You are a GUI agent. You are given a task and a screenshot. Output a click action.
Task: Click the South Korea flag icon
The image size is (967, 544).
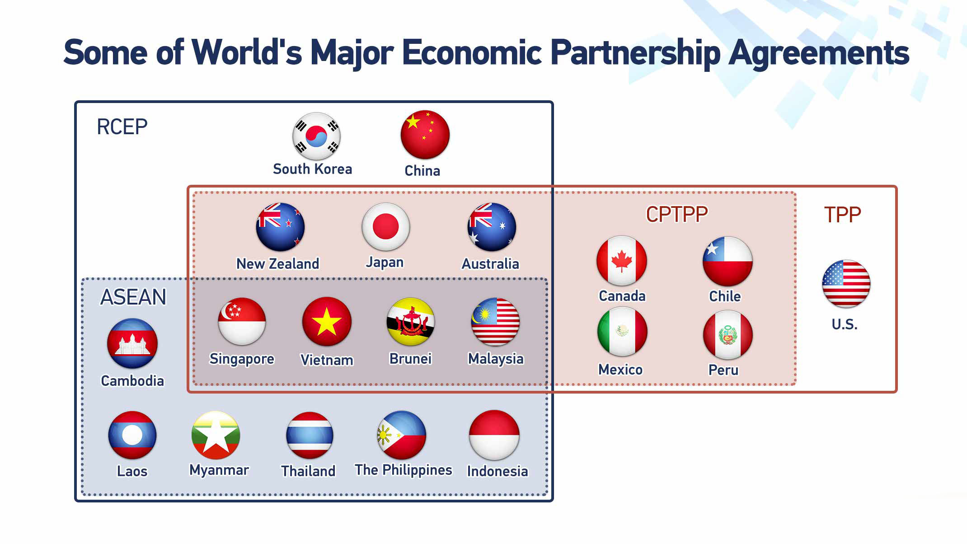click(x=316, y=136)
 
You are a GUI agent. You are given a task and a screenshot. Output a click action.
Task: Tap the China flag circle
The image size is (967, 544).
click(x=425, y=135)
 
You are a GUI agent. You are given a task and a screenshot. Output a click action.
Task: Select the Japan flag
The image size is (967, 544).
click(x=385, y=227)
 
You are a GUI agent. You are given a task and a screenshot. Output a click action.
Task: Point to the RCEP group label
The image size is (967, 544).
click(x=122, y=127)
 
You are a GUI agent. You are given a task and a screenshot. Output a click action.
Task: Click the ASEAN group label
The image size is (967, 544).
click(x=133, y=297)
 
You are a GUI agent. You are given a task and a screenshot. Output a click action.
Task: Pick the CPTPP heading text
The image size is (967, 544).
click(x=676, y=214)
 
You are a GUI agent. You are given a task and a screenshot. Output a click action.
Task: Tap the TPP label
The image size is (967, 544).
click(x=842, y=215)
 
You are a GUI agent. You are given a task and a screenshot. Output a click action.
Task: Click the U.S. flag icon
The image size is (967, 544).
click(x=846, y=284)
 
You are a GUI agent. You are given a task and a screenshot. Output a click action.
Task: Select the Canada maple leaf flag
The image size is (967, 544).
click(x=622, y=261)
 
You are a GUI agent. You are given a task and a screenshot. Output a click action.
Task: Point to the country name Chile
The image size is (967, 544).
click(x=725, y=296)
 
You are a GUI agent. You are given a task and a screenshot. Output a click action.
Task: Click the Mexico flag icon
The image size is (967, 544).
click(x=622, y=331)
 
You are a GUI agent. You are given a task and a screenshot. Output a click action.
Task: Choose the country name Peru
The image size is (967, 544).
click(x=723, y=370)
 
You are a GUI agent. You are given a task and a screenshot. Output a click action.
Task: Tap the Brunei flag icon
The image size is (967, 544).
click(x=411, y=322)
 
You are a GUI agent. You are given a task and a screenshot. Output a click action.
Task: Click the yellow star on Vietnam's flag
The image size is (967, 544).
click(x=327, y=323)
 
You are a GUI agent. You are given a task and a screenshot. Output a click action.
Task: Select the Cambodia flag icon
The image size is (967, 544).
click(x=132, y=343)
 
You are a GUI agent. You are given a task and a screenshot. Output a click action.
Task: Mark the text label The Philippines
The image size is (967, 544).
click(x=404, y=470)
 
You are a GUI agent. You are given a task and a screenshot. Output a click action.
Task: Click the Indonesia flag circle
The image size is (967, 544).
click(x=494, y=435)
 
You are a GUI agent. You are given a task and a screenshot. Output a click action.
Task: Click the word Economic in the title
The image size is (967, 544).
click(x=472, y=52)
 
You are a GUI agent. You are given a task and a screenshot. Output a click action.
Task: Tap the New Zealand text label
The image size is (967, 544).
click(x=278, y=264)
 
